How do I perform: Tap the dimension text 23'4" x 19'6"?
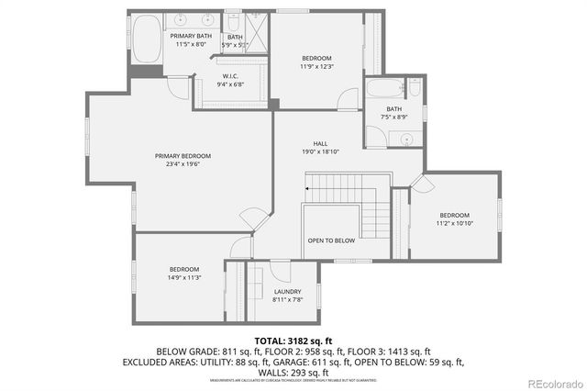click(183, 165)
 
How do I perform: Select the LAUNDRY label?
click(287, 291)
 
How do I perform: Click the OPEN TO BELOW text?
click(331, 240)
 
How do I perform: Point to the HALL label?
click(320, 143)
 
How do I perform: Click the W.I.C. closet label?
click(230, 76)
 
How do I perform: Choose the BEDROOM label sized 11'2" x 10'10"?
click(453, 215)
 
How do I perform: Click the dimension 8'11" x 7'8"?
click(287, 300)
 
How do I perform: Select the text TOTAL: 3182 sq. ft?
click(293, 341)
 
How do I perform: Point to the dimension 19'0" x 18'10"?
click(320, 152)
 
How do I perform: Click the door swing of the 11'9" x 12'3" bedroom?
click(348, 99)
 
